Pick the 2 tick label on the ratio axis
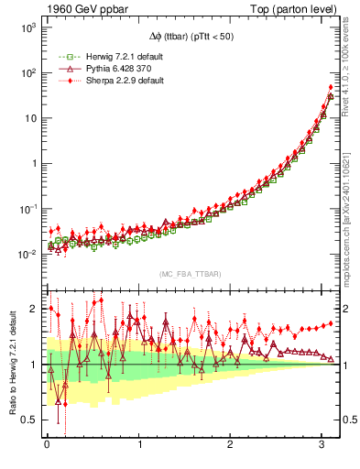coord(33,309)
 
